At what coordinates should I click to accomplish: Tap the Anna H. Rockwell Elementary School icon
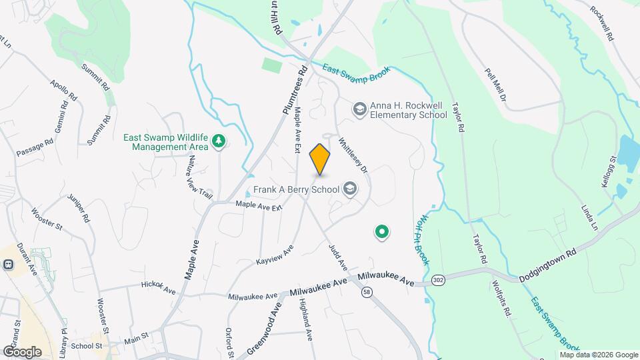tap(359, 109)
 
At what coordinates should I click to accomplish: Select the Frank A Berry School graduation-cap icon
tap(349, 190)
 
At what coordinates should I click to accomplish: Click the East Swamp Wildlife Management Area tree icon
tap(218, 141)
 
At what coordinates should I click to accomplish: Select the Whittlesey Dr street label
tap(353, 155)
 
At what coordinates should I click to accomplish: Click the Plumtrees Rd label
tap(294, 91)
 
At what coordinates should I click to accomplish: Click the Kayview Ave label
tap(275, 255)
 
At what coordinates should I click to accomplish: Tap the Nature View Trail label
tap(199, 177)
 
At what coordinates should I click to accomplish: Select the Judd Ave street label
tap(338, 257)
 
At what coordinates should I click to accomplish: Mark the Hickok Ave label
tap(158, 288)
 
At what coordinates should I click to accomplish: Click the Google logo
tap(21, 351)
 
